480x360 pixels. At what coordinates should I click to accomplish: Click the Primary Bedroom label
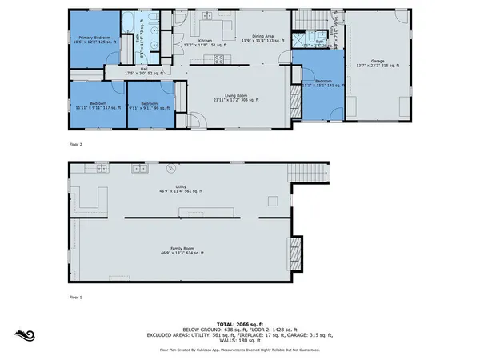pyautogui.click(x=93, y=38)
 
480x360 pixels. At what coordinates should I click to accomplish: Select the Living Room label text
pyautogui.click(x=238, y=97)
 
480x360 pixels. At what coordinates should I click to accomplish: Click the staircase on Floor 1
pyautogui.click(x=312, y=171)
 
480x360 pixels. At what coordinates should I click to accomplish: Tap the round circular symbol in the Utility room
pyautogui.click(x=170, y=169)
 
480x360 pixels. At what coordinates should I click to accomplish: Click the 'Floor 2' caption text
pyautogui.click(x=77, y=145)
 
